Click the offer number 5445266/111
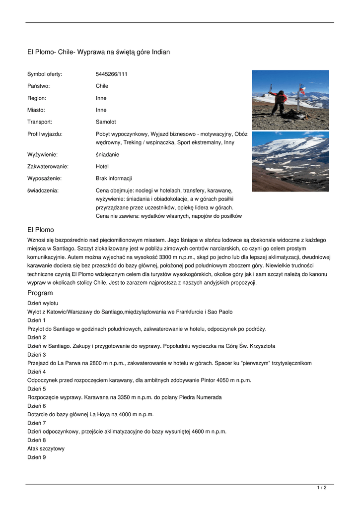(111, 74)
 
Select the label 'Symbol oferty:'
(45, 74)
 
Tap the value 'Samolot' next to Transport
(106, 122)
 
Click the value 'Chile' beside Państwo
(102, 86)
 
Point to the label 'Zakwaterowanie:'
(48, 166)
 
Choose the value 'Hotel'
(102, 166)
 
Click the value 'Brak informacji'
(114, 178)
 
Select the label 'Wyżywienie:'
(42, 154)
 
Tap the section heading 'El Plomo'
(40, 230)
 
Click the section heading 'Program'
(40, 293)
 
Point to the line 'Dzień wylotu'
(43, 303)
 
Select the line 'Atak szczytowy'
(46, 448)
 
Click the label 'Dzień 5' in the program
(36, 388)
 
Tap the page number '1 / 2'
(322, 488)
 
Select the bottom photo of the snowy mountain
(290, 161)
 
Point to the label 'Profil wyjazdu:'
(45, 133)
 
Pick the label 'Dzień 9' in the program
(36, 457)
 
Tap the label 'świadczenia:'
(43, 190)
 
